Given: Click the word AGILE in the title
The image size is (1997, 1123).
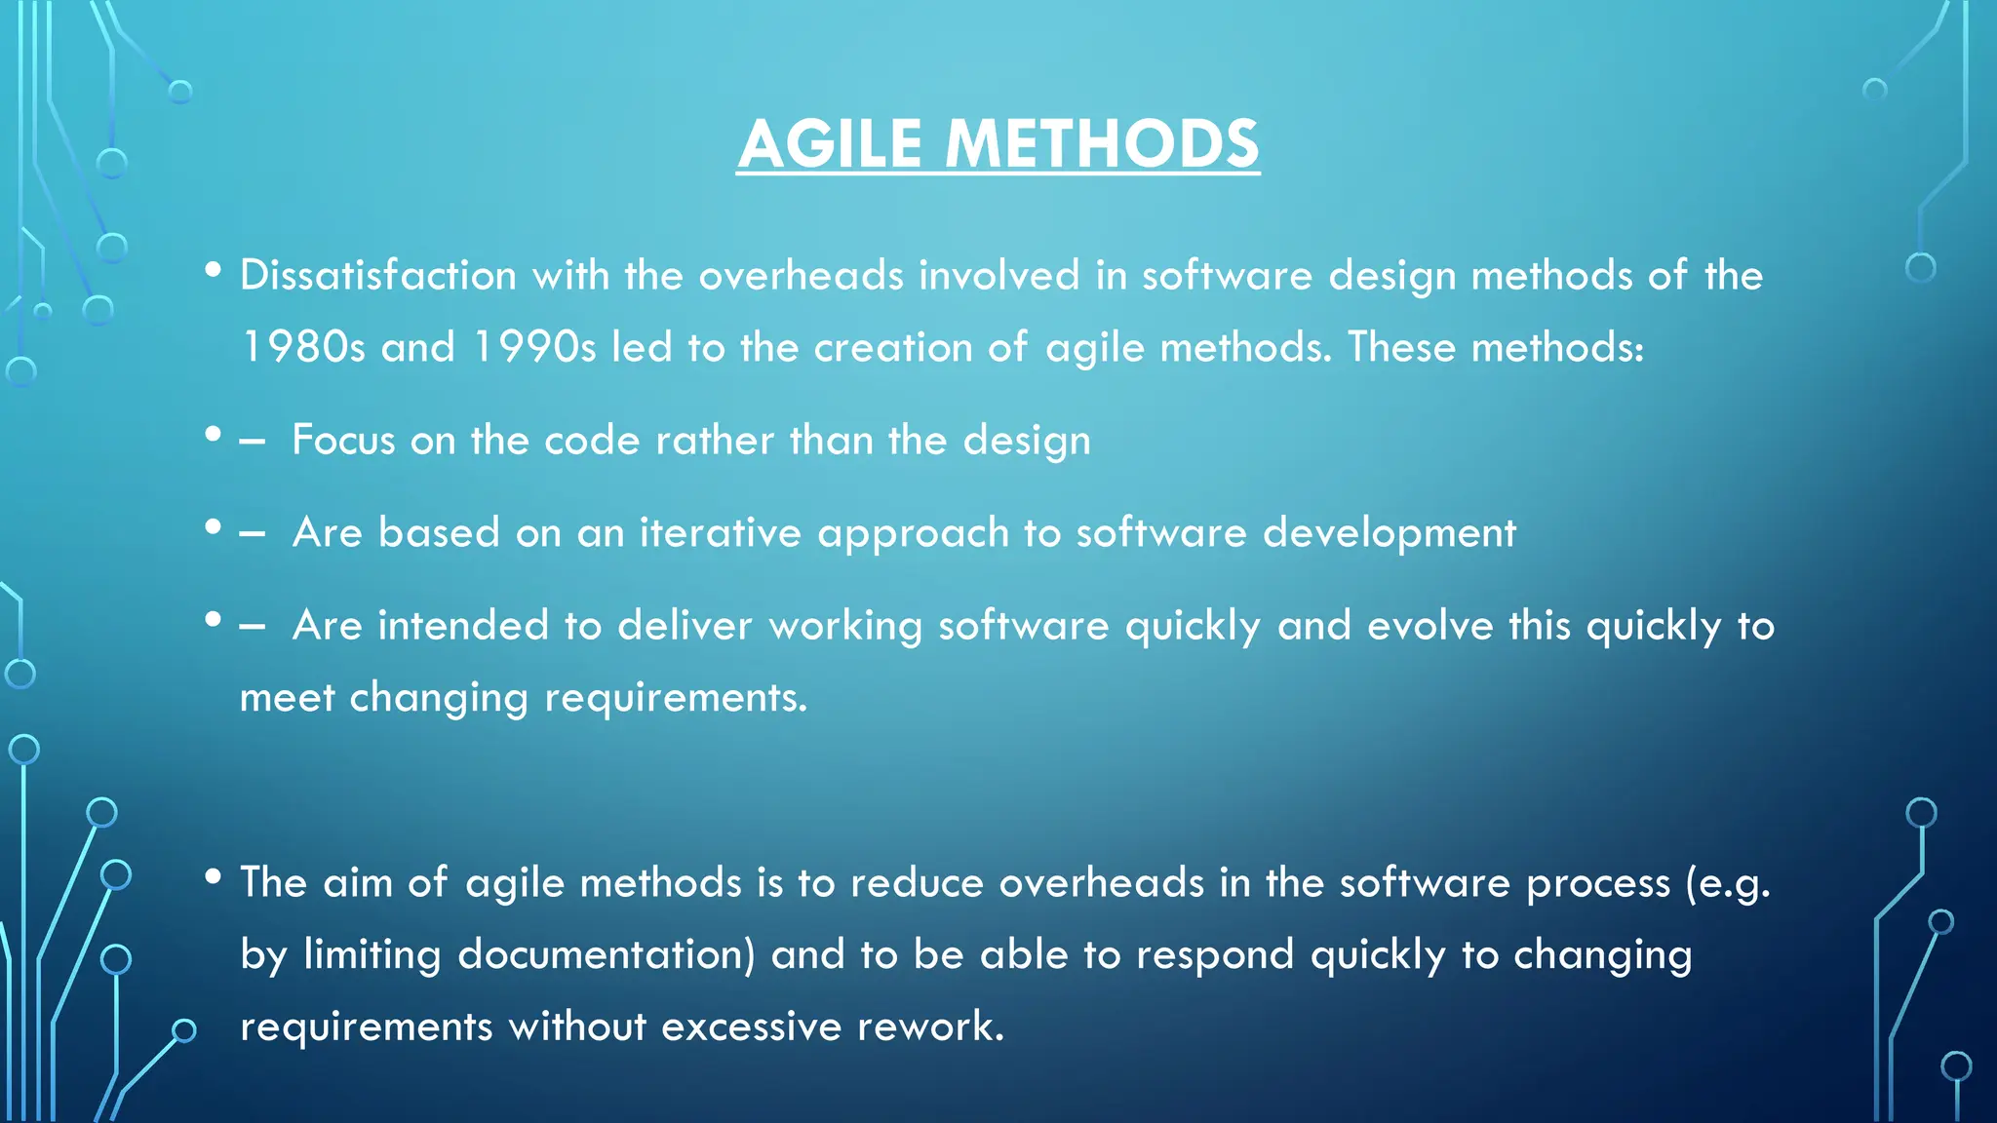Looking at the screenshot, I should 830,144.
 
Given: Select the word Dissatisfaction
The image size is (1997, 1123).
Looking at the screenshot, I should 378,276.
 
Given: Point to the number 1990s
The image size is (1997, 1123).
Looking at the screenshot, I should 534,348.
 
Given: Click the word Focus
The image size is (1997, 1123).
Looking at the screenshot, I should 343,441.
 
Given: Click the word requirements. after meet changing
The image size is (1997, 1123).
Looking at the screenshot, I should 676,699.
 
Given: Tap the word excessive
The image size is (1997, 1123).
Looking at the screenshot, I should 751,1027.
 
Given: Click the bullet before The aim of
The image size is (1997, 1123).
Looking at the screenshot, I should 214,876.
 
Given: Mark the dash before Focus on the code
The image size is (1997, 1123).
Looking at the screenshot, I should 252,442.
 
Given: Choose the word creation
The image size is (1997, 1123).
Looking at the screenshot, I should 893,348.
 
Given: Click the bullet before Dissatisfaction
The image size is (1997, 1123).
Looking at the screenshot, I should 214,270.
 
